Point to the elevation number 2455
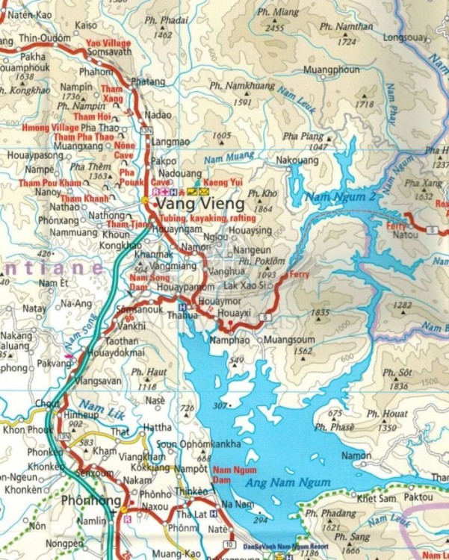pyautogui.click(x=275, y=28)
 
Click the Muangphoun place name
pyautogui.click(x=332, y=70)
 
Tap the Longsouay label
pyautogui.click(x=404, y=36)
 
